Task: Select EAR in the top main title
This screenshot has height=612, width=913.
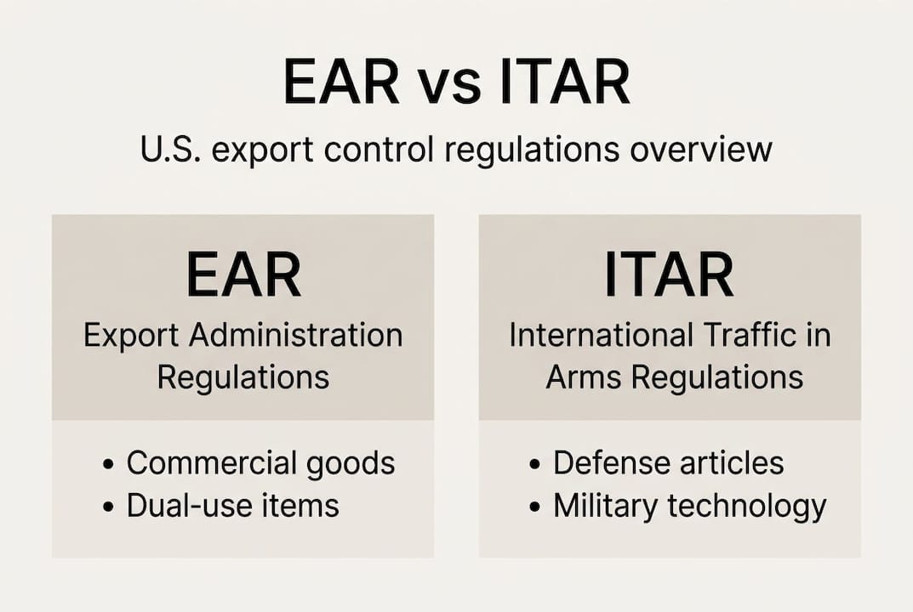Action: point(341,82)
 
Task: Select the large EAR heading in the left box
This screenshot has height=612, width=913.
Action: point(243,275)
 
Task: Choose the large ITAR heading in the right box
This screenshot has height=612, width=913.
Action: point(669,275)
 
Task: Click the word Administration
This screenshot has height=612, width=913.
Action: point(295,335)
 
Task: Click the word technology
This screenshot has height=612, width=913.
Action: point(747,507)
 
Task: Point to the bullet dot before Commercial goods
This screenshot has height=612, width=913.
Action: point(108,465)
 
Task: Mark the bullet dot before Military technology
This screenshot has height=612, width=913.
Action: point(534,507)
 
